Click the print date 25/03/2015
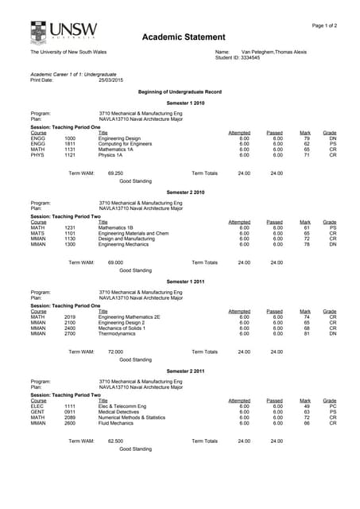coord(110,80)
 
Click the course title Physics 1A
coord(110,155)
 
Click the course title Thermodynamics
coord(117,333)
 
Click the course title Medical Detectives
coord(120,411)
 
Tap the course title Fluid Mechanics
coord(116,422)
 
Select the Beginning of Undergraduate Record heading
coord(180,92)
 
